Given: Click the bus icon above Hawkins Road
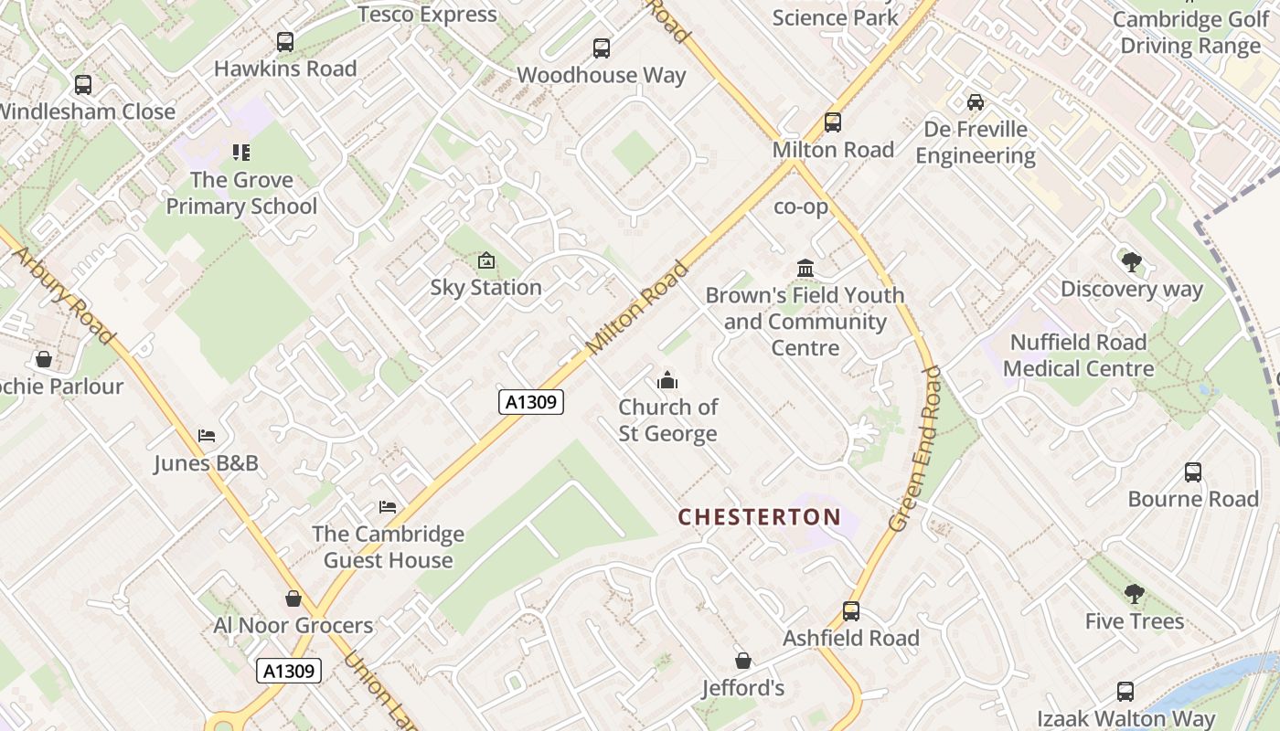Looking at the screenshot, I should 285,42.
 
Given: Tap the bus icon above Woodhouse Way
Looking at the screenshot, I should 601,48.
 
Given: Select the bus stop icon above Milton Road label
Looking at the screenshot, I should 832,122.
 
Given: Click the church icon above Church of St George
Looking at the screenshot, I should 667,380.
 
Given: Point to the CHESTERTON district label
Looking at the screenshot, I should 759,517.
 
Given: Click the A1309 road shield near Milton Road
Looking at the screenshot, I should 531,402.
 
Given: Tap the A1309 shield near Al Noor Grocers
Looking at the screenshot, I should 289,671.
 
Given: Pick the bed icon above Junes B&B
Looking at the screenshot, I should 207,436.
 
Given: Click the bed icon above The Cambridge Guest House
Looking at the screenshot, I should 388,507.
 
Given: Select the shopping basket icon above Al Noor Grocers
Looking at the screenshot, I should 293,599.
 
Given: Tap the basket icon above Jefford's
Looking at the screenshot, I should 743,661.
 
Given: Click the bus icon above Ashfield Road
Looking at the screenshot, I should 851,611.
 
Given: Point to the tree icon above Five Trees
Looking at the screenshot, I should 1134,594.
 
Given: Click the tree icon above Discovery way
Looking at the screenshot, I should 1131,262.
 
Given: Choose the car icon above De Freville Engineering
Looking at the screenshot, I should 976,102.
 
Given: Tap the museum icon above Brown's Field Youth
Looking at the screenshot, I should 805,269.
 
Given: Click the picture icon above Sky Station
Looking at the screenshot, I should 486,261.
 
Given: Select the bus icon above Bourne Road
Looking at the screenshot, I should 1193,472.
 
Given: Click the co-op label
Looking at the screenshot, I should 801,207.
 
